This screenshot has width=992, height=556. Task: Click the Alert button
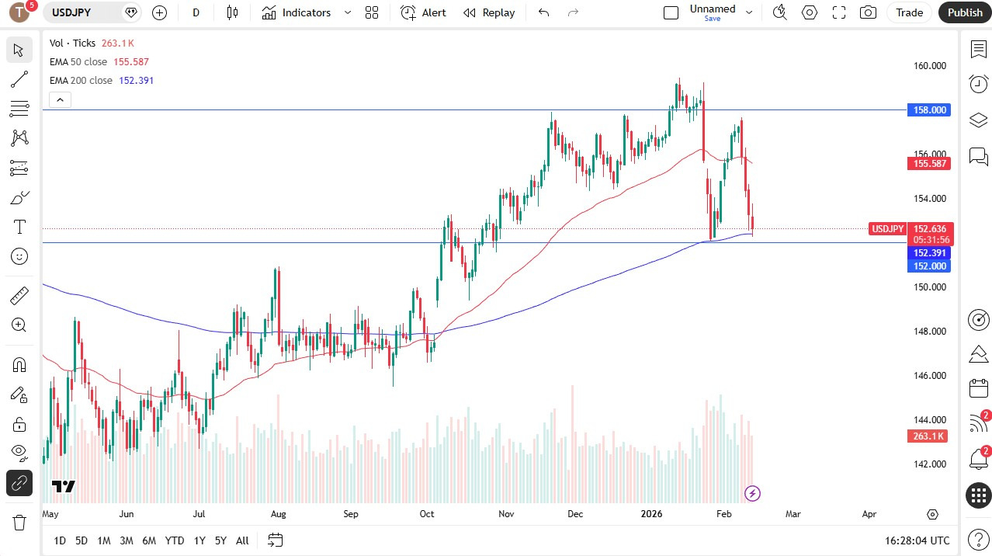(423, 12)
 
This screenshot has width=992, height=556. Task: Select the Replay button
(489, 12)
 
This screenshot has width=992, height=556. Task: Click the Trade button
(909, 12)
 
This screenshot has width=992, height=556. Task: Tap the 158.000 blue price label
(928, 110)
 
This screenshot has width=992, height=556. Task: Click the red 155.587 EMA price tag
(928, 164)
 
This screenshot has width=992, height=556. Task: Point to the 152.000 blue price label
(928, 266)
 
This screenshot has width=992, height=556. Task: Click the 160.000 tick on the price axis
(929, 66)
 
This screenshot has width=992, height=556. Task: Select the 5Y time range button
(220, 540)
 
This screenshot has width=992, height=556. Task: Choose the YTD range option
(175, 540)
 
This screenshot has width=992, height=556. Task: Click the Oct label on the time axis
(426, 514)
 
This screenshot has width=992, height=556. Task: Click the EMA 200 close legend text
(81, 81)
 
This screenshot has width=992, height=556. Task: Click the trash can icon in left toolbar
(19, 522)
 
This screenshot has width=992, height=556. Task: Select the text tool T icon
(19, 227)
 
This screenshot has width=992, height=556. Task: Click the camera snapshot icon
(868, 12)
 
